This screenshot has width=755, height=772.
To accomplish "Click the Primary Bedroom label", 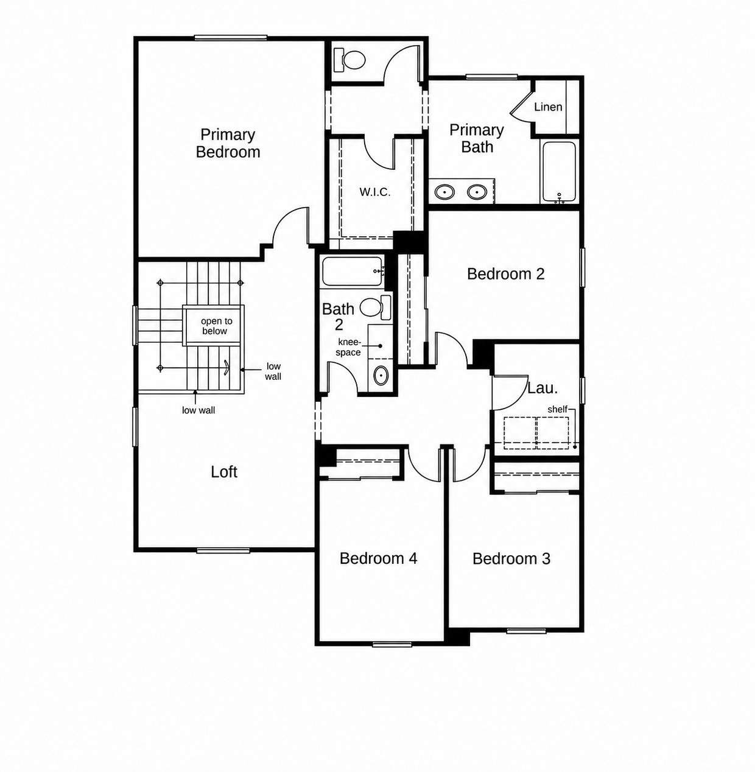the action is (228, 143).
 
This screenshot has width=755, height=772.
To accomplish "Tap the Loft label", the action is (224, 472).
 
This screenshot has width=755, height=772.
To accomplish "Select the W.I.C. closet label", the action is (375, 192).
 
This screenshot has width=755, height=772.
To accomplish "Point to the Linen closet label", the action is (548, 107).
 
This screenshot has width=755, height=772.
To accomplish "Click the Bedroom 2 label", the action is (506, 274).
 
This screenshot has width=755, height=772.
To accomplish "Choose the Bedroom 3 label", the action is (511, 559).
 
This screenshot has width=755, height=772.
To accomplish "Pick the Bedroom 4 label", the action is (379, 558).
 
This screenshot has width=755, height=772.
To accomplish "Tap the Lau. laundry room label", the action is (543, 388).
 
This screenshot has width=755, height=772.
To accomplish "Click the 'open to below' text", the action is (215, 326).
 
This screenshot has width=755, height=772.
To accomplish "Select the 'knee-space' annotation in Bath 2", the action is (348, 348).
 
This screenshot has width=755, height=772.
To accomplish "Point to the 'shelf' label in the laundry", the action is (557, 409).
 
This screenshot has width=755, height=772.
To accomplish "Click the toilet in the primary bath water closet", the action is (349, 60).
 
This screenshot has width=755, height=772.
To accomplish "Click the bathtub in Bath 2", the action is (353, 272).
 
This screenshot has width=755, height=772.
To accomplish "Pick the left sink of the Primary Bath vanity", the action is (444, 192).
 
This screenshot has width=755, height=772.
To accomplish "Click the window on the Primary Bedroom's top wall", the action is (231, 38).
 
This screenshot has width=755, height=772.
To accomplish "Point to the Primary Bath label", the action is (477, 138).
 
